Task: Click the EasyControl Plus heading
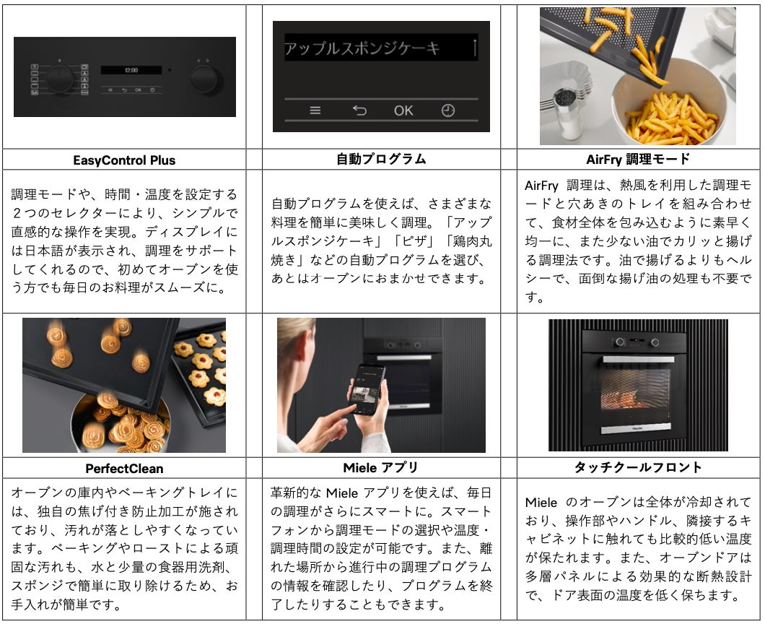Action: [x=124, y=160]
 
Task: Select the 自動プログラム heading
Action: [x=381, y=159]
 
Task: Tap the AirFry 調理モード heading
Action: [x=638, y=159]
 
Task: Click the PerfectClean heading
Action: [x=124, y=468]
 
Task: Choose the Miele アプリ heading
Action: [x=380, y=467]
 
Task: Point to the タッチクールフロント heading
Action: [x=638, y=467]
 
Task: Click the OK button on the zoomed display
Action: [x=403, y=110]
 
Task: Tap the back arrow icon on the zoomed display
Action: [x=359, y=110]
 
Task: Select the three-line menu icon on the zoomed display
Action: [x=315, y=110]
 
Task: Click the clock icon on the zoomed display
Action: [x=448, y=110]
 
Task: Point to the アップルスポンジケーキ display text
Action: [x=362, y=48]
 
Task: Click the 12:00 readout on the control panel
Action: [x=131, y=70]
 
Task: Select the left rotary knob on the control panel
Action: [x=59, y=79]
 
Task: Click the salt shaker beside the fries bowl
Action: [x=567, y=113]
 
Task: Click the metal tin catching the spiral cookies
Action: [x=120, y=424]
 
